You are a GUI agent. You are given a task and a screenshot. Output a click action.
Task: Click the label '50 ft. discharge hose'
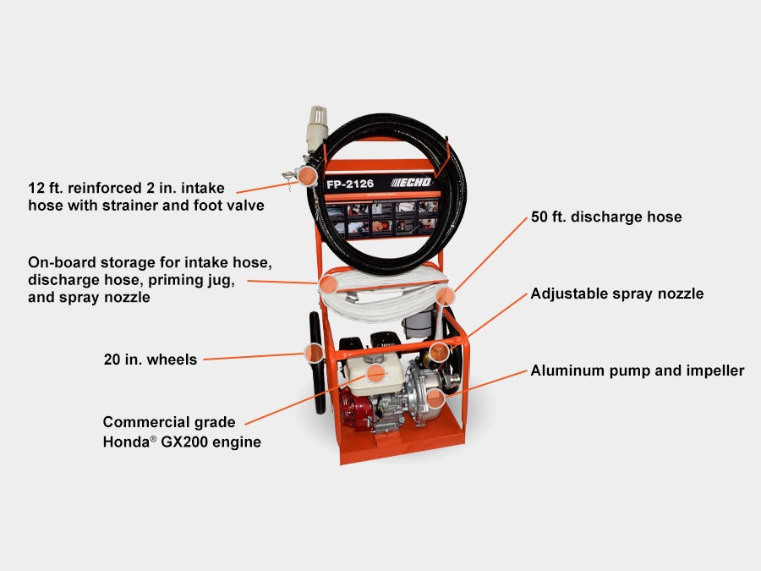[606, 217]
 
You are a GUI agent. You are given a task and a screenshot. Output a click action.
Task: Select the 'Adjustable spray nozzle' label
[617, 294]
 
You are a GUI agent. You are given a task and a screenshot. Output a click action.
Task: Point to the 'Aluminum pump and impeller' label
[638, 371]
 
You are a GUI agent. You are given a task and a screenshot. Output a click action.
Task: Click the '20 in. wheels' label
[150, 360]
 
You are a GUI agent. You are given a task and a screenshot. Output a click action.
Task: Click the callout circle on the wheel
[314, 352]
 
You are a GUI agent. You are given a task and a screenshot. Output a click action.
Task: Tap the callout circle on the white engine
[375, 371]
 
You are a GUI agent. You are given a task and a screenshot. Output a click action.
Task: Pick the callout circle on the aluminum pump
[435, 395]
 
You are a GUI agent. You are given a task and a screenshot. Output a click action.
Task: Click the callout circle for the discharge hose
[446, 295]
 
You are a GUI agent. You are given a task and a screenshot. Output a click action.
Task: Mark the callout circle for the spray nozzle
[437, 351]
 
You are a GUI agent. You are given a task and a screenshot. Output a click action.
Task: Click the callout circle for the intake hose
[310, 176]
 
